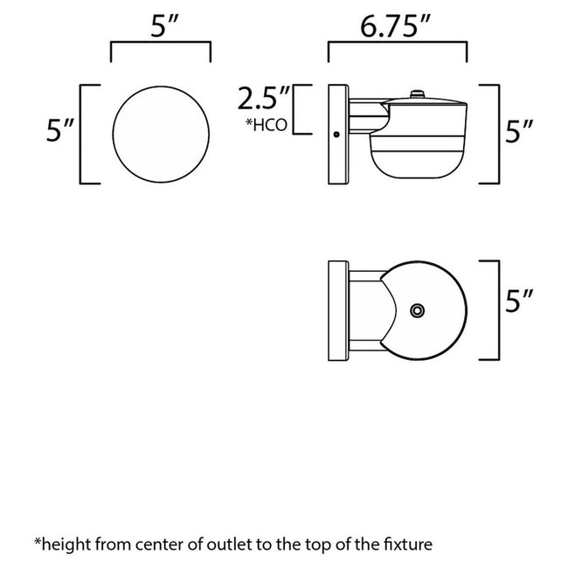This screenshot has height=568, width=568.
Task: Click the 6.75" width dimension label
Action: tap(395, 26)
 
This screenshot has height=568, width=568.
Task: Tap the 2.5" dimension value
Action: tap(264, 99)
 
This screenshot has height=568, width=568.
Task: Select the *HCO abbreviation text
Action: tap(267, 125)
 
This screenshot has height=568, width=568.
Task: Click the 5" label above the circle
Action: tap(165, 26)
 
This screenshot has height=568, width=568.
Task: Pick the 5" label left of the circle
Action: tap(60, 130)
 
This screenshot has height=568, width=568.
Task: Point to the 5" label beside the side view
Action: tap(519, 131)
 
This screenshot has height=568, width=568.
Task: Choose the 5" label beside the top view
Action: tap(519, 301)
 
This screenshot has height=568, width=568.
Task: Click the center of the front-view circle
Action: tap(161, 135)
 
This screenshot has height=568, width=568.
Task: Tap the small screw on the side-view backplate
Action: tap(336, 135)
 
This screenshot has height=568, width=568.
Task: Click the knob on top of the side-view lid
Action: tap(418, 94)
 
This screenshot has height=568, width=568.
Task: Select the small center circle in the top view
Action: tap(418, 310)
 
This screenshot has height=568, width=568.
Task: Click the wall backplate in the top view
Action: tap(338, 310)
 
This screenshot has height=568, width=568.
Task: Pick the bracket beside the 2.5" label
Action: tap(302, 109)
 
